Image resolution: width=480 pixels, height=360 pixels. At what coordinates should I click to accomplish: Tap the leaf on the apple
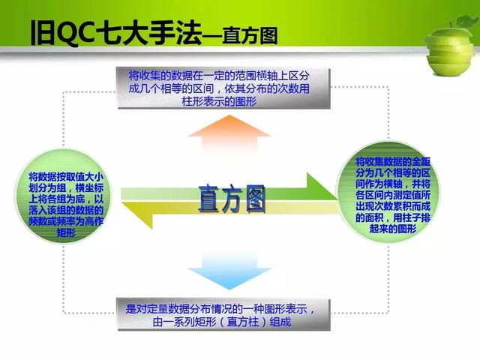[467, 22]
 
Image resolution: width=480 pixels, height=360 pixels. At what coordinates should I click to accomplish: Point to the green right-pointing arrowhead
[322, 187]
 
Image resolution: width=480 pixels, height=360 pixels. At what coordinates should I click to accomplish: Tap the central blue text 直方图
[232, 199]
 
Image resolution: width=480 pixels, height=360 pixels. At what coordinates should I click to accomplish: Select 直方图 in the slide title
[250, 36]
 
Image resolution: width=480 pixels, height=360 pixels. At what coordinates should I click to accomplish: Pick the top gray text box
[224, 88]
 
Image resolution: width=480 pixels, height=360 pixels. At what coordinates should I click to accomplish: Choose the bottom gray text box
[224, 315]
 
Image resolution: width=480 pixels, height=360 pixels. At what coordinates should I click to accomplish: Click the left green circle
[63, 196]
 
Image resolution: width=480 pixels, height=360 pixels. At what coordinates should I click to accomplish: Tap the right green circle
[389, 192]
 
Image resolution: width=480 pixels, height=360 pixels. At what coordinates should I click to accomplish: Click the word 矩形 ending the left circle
[66, 232]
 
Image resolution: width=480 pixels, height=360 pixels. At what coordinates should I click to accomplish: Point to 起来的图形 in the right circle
[393, 228]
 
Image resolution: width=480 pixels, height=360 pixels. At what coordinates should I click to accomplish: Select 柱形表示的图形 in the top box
[219, 101]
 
